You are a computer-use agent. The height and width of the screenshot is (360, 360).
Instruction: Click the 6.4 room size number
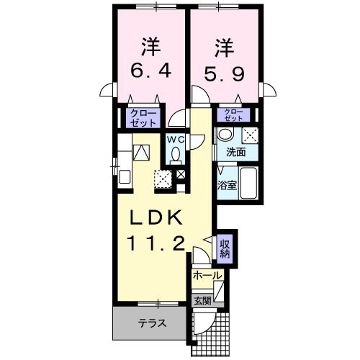(x=150, y=73)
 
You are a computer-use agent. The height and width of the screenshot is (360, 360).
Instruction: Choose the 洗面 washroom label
(x=236, y=153)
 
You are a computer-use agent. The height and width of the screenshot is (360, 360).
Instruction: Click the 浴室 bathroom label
(x=227, y=185)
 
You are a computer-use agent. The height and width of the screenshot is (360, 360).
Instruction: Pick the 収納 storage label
(x=225, y=248)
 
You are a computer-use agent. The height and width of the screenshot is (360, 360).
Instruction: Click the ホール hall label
(x=207, y=275)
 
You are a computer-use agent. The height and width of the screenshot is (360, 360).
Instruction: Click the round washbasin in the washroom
(x=225, y=135)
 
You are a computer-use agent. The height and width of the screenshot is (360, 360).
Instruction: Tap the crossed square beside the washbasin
(x=249, y=135)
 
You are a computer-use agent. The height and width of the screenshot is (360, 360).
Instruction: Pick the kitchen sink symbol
(x=123, y=176)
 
